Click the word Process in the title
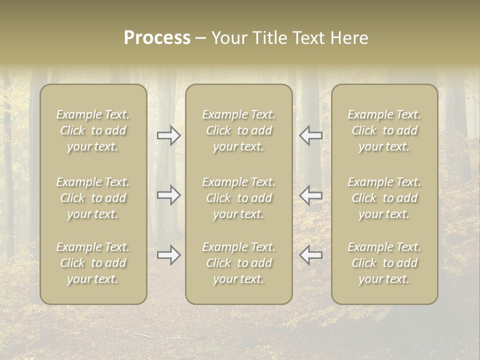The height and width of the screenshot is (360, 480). point(157,38)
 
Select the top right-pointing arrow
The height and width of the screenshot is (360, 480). point(168,135)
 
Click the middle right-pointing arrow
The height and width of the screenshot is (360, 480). point(168,195)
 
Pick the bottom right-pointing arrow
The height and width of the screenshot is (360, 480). point(168,255)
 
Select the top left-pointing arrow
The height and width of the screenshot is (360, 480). point(311,135)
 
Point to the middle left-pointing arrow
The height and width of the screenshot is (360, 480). point(311,195)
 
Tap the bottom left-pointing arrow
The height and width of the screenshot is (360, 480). point(311,255)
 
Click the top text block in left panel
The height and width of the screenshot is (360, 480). point(93,130)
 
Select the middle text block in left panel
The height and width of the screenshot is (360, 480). point(93,198)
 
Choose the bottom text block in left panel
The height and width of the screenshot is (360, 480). point(93,263)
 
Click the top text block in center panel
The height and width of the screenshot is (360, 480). point(238,130)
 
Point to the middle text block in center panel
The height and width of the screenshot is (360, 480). point(238,198)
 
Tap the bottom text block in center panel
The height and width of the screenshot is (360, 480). point(238,263)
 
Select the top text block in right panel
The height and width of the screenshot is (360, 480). point(384,130)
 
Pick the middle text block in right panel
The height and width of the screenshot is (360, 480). point(384,198)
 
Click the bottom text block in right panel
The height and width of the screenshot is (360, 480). point(384,263)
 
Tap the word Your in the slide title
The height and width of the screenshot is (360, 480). point(228,38)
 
